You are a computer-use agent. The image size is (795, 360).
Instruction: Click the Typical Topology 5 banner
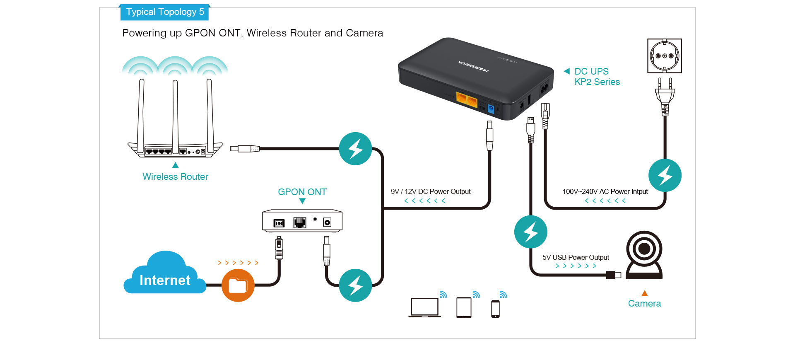tap(164, 12)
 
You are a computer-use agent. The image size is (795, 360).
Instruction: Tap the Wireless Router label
tap(175, 177)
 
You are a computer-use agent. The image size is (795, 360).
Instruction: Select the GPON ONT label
tap(302, 192)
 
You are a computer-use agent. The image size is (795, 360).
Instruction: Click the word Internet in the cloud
tap(165, 280)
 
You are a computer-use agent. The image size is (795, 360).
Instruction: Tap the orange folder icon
tap(238, 285)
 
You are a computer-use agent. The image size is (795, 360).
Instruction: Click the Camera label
tap(644, 304)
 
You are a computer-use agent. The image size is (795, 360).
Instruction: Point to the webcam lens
tap(644, 249)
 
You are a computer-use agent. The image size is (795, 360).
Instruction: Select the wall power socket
tap(665, 56)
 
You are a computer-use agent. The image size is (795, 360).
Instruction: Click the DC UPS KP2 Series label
tap(597, 77)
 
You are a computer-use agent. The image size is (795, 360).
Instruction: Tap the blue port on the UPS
tap(491, 109)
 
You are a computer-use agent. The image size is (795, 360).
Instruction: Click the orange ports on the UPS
tap(467, 99)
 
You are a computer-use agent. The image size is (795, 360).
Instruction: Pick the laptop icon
tap(425, 308)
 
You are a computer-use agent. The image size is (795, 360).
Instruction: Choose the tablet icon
tap(464, 308)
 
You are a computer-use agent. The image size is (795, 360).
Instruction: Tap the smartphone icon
tap(495, 309)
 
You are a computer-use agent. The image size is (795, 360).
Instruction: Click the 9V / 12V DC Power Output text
tap(431, 191)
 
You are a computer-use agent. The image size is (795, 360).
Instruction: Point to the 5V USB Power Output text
tap(576, 257)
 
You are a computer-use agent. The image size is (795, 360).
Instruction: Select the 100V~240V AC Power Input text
tap(605, 191)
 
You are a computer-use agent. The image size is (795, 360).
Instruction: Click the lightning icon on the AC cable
tap(665, 175)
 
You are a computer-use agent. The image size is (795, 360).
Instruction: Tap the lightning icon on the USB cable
tap(531, 232)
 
